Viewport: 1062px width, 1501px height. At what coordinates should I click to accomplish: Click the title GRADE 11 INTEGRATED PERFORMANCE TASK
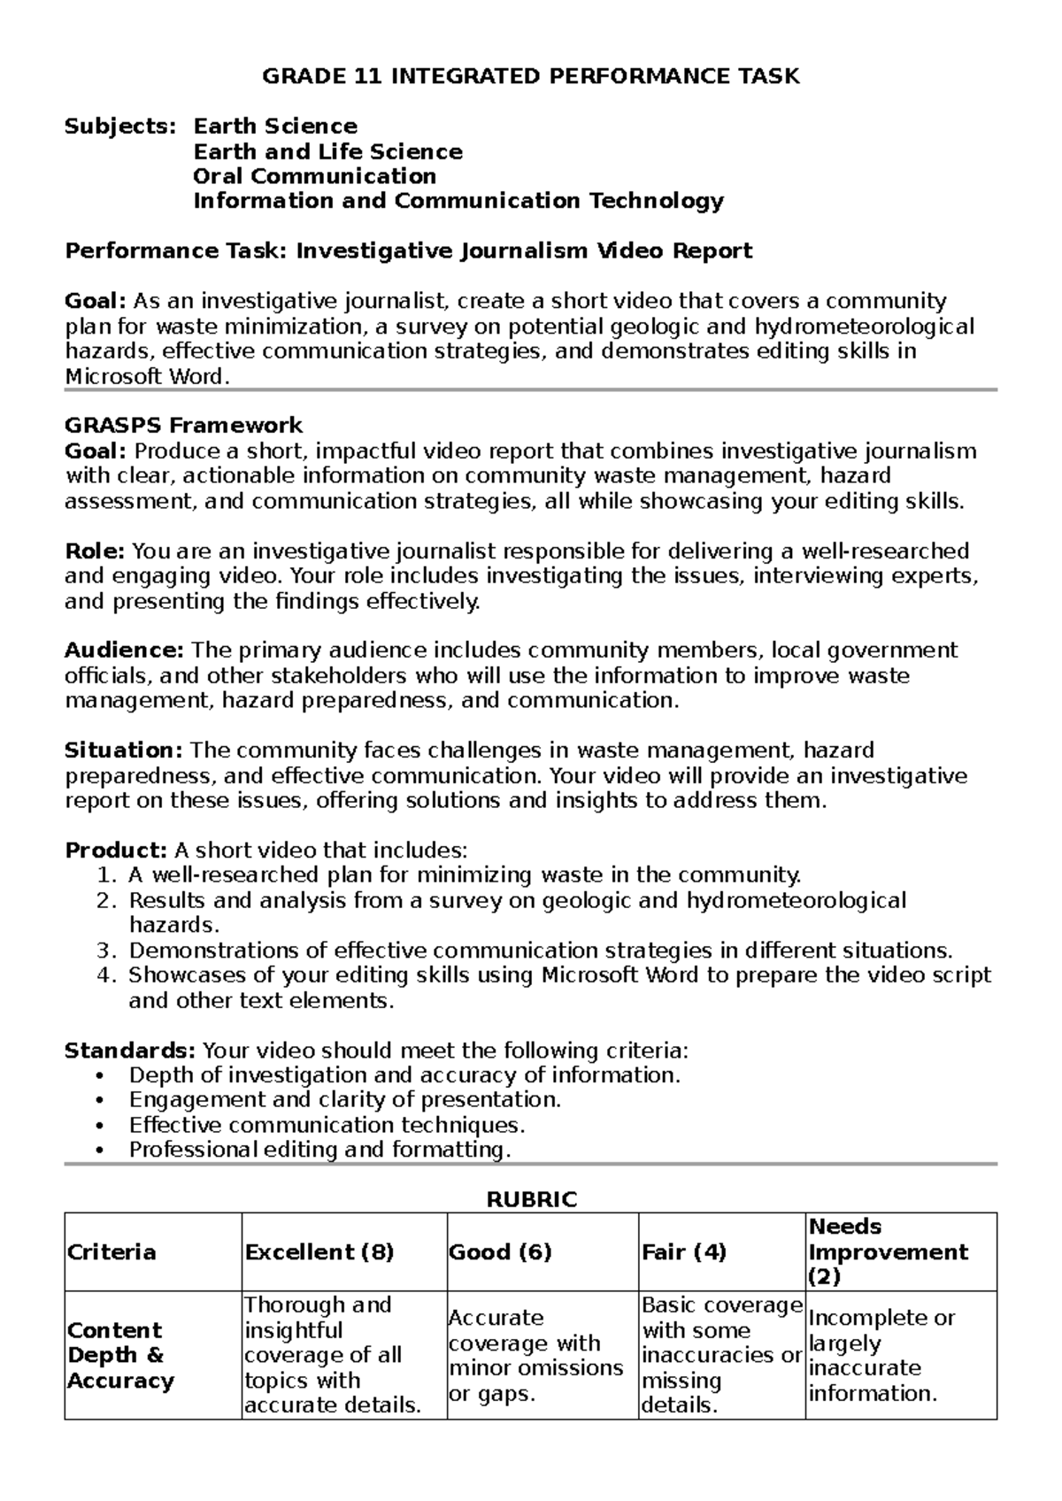pyautogui.click(x=530, y=76)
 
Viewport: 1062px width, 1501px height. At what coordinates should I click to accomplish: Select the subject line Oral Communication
pyautogui.click(x=314, y=176)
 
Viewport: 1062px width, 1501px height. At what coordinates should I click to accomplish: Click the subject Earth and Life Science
pyautogui.click(x=327, y=151)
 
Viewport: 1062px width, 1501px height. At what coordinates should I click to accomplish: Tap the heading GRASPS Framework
pyautogui.click(x=184, y=426)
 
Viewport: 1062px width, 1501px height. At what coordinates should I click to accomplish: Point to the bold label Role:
pyautogui.click(x=96, y=551)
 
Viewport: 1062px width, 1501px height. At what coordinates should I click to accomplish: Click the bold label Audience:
pyautogui.click(x=124, y=650)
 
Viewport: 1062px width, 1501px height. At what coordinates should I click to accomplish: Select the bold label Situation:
pyautogui.click(x=124, y=750)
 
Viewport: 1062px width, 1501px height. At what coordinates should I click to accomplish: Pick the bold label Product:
pyautogui.click(x=116, y=851)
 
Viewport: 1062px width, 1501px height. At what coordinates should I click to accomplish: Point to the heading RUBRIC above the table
pyautogui.click(x=531, y=1200)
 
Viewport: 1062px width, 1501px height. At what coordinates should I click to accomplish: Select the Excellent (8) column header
pyautogui.click(x=319, y=1252)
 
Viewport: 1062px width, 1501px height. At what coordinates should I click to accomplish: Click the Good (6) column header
pyautogui.click(x=500, y=1252)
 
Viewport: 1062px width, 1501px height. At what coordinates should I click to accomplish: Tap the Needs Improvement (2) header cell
pyautogui.click(x=888, y=1251)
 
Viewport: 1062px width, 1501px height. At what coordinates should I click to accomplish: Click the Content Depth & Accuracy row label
pyautogui.click(x=120, y=1356)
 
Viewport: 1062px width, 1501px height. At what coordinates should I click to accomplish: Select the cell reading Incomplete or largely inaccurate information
pyautogui.click(x=881, y=1356)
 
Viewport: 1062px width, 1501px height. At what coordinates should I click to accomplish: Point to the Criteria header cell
pyautogui.click(x=112, y=1252)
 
